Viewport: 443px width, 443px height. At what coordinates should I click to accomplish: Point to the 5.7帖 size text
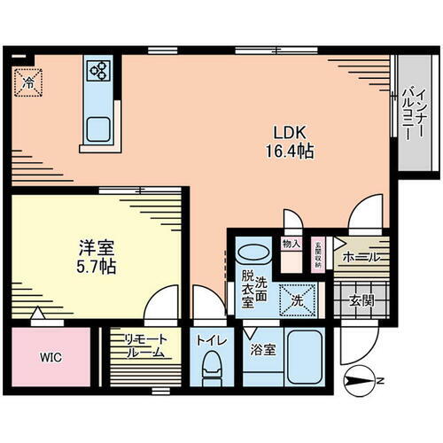(89, 265)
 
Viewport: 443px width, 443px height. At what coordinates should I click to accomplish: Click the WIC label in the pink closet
(50, 360)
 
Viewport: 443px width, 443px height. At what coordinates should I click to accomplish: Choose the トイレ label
(210, 338)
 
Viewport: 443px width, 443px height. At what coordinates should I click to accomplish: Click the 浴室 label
(263, 349)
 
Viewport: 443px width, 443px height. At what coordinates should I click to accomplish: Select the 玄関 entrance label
(361, 299)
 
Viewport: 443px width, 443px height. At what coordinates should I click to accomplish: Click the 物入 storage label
(291, 243)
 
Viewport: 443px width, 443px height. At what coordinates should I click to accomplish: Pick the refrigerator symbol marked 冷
(28, 82)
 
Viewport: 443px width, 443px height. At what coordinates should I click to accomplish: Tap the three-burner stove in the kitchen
(97, 71)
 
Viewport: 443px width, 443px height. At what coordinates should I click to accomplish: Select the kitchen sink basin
(97, 128)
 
